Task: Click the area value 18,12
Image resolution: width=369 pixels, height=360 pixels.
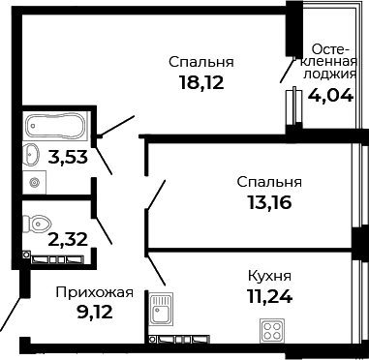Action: point(201,83)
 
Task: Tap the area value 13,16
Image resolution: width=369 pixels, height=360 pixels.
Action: point(268,202)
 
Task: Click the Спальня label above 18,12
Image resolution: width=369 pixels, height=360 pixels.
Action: point(201,62)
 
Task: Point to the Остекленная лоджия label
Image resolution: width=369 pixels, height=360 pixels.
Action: point(331,63)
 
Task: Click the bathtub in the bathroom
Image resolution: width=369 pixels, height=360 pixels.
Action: point(54,125)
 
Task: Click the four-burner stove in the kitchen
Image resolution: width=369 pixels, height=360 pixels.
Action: point(272,330)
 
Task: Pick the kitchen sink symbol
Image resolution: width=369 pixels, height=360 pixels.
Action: point(160,313)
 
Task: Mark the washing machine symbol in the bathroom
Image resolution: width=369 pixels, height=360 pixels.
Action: point(36,181)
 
